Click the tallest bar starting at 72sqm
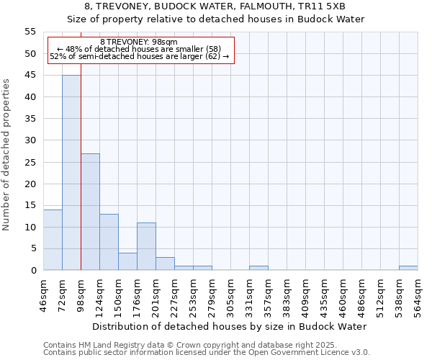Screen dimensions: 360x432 tap(71, 173)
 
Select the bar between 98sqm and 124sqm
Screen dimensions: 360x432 tap(90, 212)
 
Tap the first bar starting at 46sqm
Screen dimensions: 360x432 tap(53, 240)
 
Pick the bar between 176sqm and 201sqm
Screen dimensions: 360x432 tap(146, 246)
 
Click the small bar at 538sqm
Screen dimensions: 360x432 tap(408, 268)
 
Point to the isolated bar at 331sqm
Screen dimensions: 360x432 tap(258, 268)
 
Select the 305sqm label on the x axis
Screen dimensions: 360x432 tap(230, 294)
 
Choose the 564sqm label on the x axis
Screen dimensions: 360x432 tap(418, 294)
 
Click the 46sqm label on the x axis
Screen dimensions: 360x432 tap(43, 294)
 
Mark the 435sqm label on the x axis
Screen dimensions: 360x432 tap(324, 294)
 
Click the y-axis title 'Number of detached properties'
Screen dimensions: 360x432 tap(6, 155)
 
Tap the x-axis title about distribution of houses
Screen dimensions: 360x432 tap(230, 326)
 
